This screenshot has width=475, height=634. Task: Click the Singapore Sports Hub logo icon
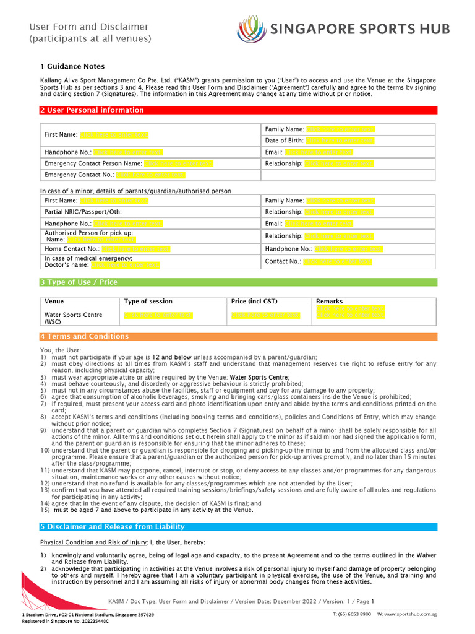(252, 29)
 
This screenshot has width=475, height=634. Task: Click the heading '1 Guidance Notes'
(72, 66)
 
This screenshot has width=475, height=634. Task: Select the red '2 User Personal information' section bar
(238, 110)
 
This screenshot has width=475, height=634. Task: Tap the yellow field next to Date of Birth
(340, 141)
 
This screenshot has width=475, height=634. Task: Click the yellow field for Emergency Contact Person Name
(178, 163)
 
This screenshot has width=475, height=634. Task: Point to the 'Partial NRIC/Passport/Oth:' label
(83, 212)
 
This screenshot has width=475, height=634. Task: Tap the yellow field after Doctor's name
(125, 265)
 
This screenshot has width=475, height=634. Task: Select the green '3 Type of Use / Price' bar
(238, 282)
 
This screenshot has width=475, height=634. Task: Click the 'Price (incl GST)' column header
(254, 302)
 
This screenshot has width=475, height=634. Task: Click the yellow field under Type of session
(158, 315)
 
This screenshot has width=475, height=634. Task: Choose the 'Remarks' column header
(329, 302)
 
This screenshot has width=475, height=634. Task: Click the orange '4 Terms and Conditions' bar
(238, 337)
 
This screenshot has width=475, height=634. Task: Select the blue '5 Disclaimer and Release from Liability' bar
(238, 527)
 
